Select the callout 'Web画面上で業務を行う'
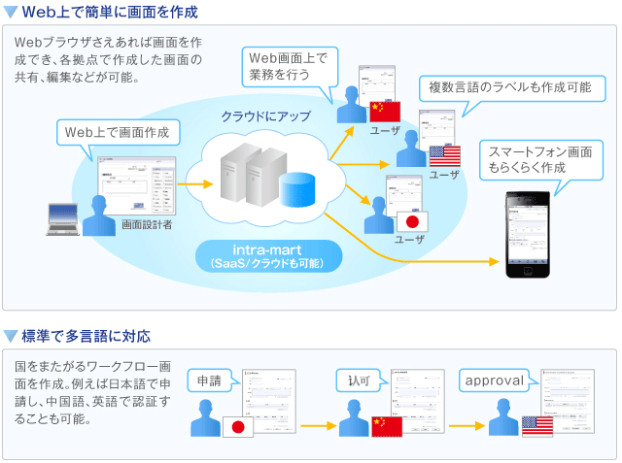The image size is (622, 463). (289, 65)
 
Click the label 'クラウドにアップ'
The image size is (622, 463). (265, 116)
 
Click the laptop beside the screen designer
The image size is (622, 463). (65, 219)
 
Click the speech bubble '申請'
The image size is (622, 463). (209, 380)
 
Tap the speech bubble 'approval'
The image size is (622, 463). (495, 380)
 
